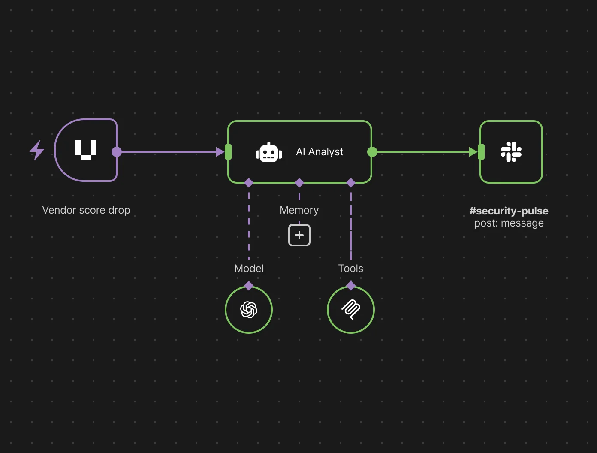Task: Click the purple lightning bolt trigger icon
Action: coord(37,150)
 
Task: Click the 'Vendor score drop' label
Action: coord(86,210)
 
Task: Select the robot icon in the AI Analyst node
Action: coord(269,152)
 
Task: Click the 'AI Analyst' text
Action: coord(320,152)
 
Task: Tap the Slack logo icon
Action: coord(511,152)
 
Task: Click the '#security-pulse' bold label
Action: coord(509,211)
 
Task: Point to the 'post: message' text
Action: coord(509,223)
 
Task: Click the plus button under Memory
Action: coord(299,235)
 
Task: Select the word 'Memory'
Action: coord(299,210)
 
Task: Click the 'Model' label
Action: coord(249,269)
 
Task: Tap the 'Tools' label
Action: coord(351,269)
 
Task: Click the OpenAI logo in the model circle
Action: coord(249,310)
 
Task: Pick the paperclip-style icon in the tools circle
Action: coord(351,310)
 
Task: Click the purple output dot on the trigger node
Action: coord(117,152)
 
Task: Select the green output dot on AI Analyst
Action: coord(372,152)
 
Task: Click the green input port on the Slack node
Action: coord(481,152)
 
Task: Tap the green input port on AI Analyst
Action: coord(228,152)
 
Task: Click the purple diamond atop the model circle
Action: coord(249,286)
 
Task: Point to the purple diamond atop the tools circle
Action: coord(351,286)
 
